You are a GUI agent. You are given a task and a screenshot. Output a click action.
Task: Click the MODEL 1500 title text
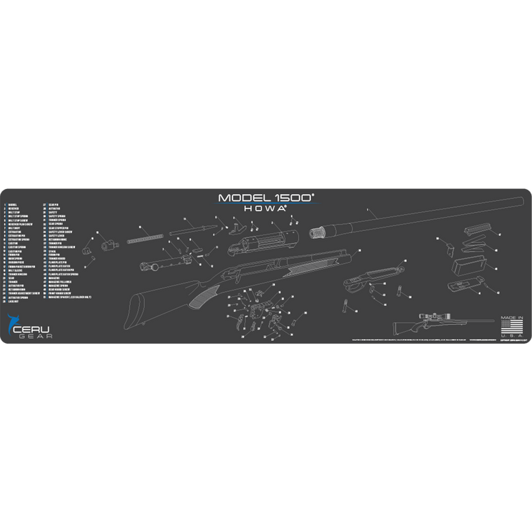(265, 198)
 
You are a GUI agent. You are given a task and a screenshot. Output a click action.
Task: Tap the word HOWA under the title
(265, 208)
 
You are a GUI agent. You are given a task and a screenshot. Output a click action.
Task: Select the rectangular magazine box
(465, 265)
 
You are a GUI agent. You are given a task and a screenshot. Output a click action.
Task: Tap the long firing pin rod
(190, 228)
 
